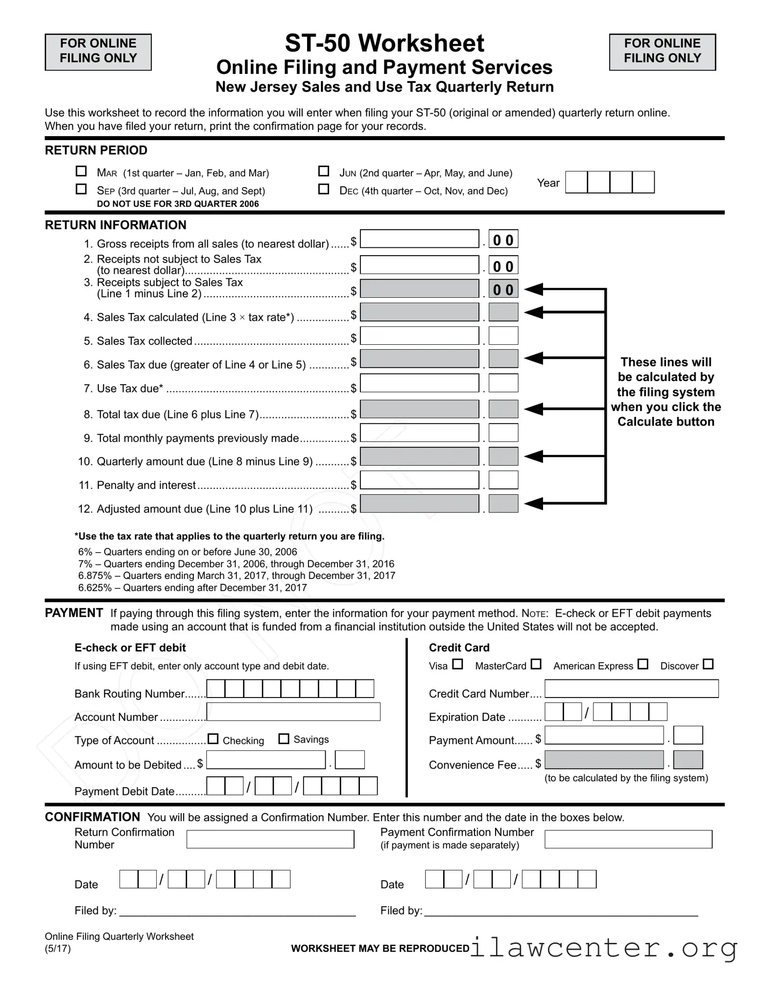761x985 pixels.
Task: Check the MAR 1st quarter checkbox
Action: pos(81,171)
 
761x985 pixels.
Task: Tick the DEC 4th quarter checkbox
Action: pos(324,189)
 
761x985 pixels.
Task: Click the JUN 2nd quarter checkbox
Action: pos(324,171)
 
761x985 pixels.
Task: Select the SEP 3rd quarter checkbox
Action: pos(81,189)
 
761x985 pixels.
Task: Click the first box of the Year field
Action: pos(576,182)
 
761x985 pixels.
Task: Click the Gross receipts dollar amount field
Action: pos(419,239)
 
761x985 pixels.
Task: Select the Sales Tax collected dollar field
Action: pos(419,336)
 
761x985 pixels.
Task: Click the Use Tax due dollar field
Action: pos(419,383)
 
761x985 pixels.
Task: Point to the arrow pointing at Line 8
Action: pos(535,408)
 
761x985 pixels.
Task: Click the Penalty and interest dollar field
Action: pos(419,480)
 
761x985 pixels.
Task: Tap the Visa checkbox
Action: pos(457,664)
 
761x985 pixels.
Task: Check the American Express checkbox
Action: pos(643,664)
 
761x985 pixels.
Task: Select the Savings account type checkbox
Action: pos(284,739)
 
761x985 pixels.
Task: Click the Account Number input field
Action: pos(293,712)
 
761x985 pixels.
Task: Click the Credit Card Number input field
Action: pos(632,689)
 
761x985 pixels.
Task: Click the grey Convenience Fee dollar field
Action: pos(604,760)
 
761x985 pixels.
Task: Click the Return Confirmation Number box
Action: pos(270,839)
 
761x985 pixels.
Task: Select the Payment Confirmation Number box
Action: pos(628,839)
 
